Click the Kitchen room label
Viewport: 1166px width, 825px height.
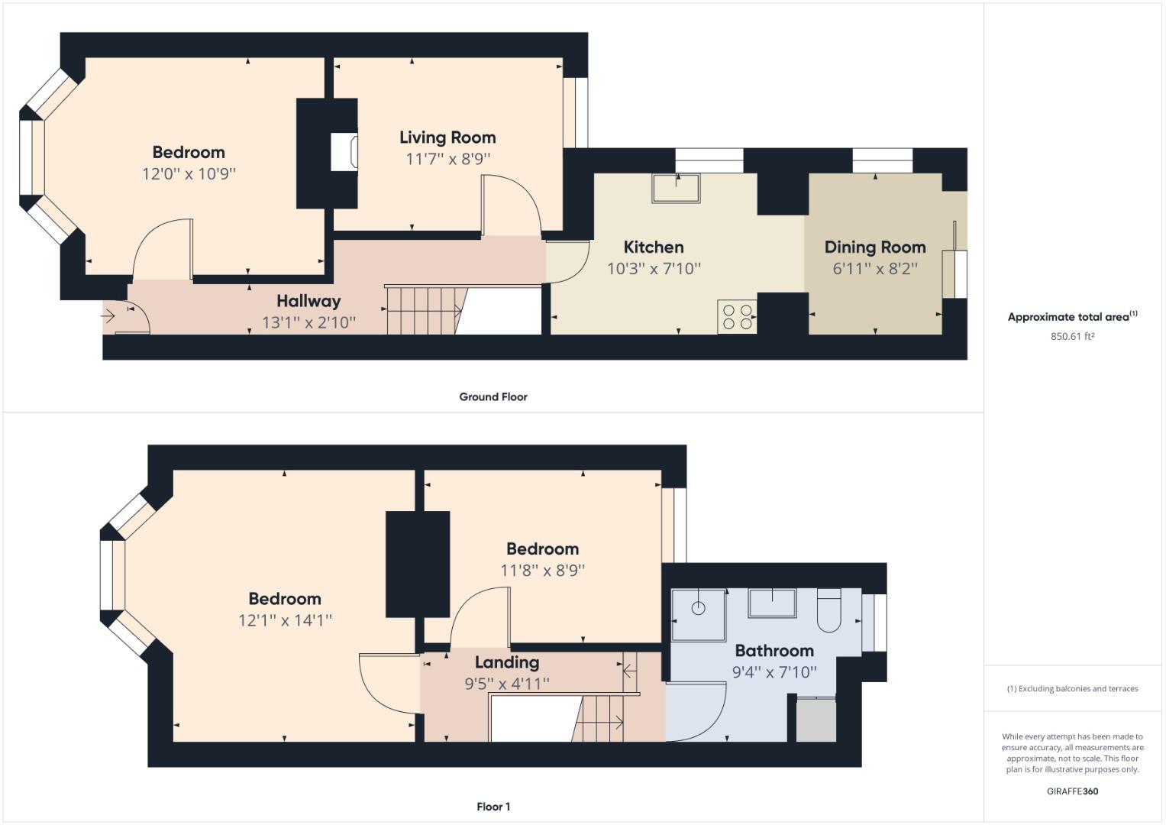tap(653, 247)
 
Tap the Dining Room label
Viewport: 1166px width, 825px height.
tap(874, 247)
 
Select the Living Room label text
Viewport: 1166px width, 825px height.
tap(447, 137)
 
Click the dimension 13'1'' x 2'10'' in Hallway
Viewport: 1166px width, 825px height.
tap(308, 322)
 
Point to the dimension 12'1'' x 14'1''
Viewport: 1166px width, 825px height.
tap(284, 620)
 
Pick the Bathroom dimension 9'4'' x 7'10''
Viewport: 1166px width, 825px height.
tap(774, 672)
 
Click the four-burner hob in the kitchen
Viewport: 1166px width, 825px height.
tap(736, 317)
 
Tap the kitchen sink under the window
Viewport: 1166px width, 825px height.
tap(675, 188)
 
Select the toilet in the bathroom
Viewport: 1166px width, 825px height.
tap(828, 610)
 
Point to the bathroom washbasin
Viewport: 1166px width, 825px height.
tap(772, 603)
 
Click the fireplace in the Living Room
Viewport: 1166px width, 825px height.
tap(344, 152)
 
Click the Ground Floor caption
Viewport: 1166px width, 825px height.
tap(493, 396)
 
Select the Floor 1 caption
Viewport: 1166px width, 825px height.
tap(493, 807)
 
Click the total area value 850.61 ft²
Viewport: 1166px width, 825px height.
tap(1072, 336)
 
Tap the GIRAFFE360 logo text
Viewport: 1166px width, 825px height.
tap(1072, 791)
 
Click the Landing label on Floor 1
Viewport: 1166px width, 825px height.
tap(506, 662)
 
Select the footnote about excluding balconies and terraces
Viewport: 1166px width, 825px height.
tap(1072, 688)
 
